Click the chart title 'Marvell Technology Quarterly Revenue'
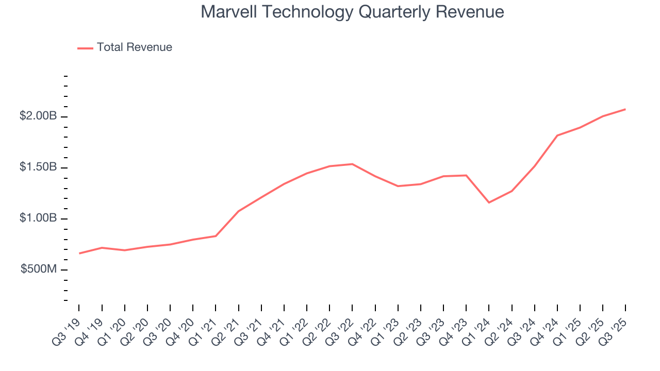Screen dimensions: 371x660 (352, 11)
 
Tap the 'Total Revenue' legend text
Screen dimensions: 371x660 (134, 47)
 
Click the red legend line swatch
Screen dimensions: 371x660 (85, 48)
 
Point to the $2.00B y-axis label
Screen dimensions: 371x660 (38, 116)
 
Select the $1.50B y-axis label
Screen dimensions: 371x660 (38, 167)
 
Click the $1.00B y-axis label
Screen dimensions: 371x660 (38, 218)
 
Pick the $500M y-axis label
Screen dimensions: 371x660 (39, 269)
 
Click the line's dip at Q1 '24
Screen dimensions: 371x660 (489, 203)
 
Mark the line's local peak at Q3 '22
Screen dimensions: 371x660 (352, 164)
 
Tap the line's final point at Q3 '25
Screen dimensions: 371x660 (625, 109)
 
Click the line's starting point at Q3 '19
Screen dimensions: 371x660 (79, 254)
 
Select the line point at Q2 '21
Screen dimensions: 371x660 (239, 211)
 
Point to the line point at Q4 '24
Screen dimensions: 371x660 (557, 136)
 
